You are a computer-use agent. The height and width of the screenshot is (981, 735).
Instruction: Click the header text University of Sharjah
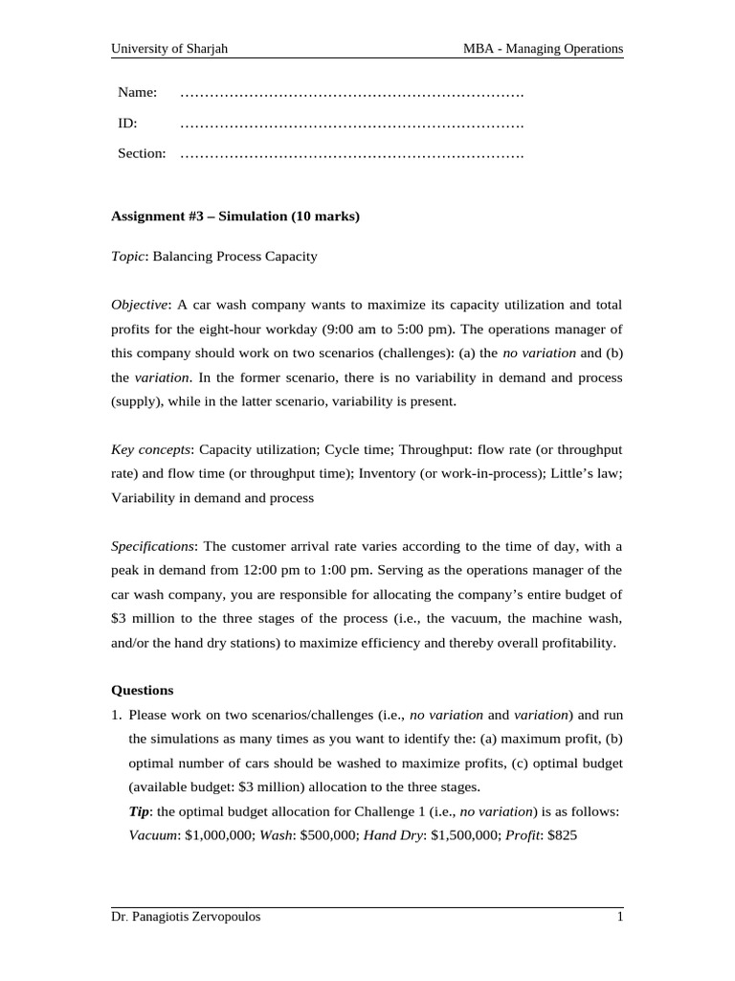(x=169, y=48)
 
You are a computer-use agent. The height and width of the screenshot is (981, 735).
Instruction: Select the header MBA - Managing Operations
(x=541, y=48)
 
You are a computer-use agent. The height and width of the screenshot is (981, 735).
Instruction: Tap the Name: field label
(x=137, y=92)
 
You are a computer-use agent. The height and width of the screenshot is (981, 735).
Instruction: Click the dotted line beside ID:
(x=351, y=124)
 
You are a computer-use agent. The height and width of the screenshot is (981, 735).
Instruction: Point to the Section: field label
(x=142, y=153)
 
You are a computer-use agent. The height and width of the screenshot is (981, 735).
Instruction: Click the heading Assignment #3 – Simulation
(x=235, y=217)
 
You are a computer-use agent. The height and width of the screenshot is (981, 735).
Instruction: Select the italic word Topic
(x=127, y=257)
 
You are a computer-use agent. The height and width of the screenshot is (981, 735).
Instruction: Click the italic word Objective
(x=140, y=305)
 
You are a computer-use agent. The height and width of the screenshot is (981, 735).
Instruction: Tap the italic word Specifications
(x=153, y=546)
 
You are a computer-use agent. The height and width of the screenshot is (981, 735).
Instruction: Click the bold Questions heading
(x=143, y=689)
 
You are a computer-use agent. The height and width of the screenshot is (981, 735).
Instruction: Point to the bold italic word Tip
(x=139, y=811)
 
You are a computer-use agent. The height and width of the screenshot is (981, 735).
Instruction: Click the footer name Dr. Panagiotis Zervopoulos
(x=186, y=917)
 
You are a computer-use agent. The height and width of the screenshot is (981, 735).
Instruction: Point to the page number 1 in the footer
(x=619, y=917)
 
